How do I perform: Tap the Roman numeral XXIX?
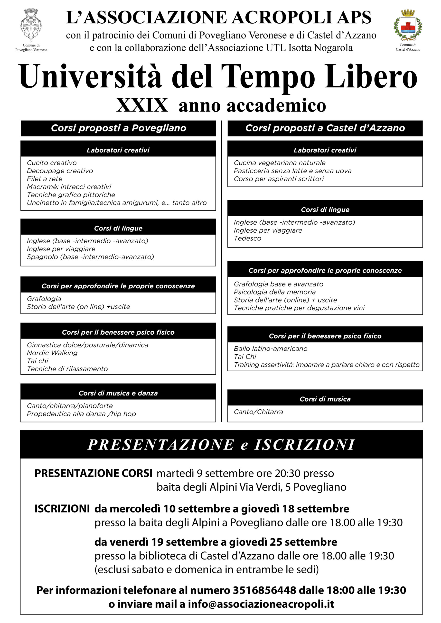(142, 105)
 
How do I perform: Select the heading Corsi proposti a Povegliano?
(118, 128)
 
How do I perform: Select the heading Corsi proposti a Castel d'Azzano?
(325, 128)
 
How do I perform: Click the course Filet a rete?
(45, 179)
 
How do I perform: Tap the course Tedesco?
(247, 238)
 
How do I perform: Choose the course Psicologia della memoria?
(274, 292)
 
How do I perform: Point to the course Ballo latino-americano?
(271, 349)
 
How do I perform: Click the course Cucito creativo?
(52, 163)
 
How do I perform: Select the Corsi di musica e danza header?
(118, 393)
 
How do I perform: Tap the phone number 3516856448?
(264, 590)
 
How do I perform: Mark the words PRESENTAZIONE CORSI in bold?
(93, 474)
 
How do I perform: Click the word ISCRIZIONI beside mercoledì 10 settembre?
(62, 509)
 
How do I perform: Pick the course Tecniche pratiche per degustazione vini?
(299, 308)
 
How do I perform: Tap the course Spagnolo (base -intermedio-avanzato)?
(90, 257)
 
